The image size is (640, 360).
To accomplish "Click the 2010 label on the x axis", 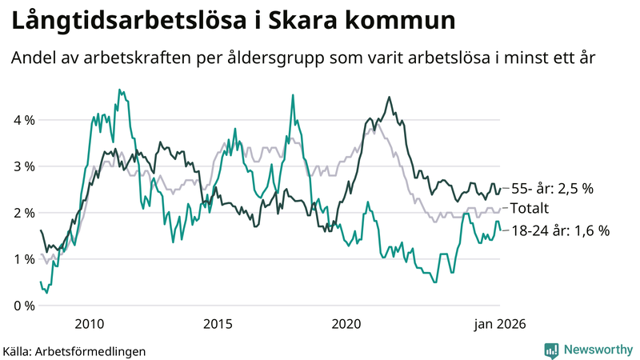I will click(x=90, y=323).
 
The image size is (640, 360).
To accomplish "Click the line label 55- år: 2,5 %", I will click(x=553, y=190).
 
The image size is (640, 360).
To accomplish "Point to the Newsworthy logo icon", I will click(x=551, y=350).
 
